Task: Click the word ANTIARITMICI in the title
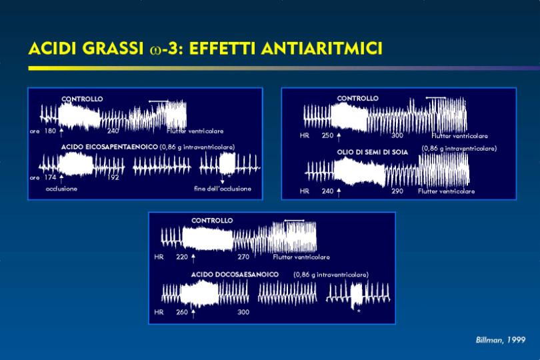pos(321,48)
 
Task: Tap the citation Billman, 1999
pos(501,340)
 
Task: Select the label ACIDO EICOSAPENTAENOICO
pos(109,147)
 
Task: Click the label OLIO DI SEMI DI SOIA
pos(372,152)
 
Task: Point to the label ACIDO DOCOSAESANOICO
pos(235,275)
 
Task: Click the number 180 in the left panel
pos(50,131)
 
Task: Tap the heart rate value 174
pos(50,177)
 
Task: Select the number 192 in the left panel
pos(113,177)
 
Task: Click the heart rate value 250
pos(327,135)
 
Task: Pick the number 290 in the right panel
pos(397,191)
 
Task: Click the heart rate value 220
pos(182,257)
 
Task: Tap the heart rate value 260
pos(182,312)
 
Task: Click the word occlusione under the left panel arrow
pos(61,189)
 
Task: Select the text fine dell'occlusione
pos(223,189)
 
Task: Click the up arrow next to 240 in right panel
pos(339,193)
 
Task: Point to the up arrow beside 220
pos(193,259)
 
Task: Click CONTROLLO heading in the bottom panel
pos(212,221)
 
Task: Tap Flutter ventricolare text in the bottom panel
pos(301,257)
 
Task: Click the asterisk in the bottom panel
pos(359,311)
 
